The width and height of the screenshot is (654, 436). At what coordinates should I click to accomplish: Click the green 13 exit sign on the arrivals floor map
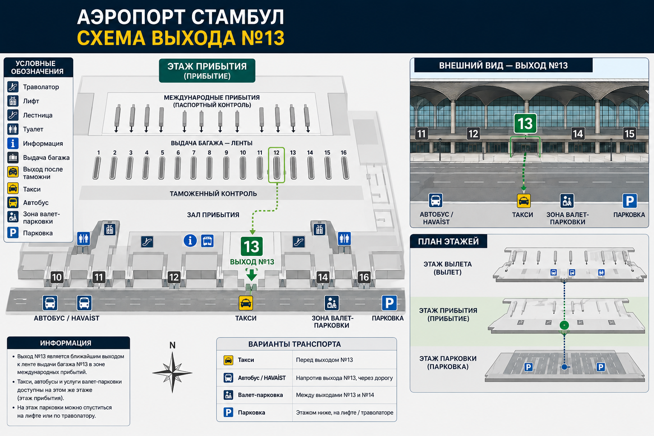[251, 246]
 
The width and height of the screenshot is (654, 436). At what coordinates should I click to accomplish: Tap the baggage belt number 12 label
[276, 152]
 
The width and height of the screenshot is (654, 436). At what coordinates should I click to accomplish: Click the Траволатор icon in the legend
[13, 87]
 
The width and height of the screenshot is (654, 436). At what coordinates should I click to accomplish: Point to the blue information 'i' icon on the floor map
[190, 241]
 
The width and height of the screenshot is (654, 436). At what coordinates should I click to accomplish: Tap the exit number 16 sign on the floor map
[364, 277]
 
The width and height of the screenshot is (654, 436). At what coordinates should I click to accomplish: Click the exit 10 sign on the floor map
[57, 277]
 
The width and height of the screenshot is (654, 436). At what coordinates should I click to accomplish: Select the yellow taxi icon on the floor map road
[246, 303]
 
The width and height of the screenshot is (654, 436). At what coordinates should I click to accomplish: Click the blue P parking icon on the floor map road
[389, 303]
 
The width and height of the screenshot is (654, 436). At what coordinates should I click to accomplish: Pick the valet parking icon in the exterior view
[567, 201]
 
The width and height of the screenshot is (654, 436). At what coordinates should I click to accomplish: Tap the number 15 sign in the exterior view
[629, 134]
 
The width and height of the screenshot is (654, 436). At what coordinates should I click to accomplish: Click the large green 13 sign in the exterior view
[525, 123]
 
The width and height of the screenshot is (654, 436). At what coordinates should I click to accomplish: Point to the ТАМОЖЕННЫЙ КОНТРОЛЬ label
[213, 194]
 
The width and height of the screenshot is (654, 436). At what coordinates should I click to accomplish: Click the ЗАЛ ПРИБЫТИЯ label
[213, 215]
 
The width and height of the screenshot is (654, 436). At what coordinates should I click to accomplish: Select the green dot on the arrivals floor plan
[564, 325]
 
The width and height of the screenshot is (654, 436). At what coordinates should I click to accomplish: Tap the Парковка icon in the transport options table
[228, 412]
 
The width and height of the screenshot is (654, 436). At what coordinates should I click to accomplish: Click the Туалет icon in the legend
[13, 129]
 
